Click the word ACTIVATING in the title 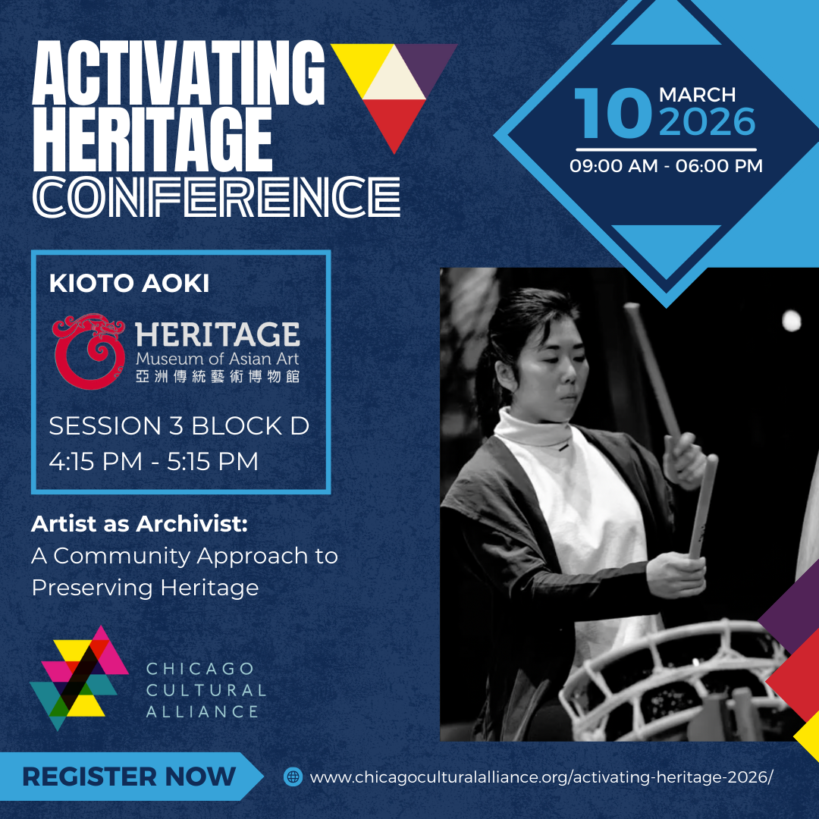179,73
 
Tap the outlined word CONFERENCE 216,196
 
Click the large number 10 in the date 613,113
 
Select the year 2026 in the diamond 708,121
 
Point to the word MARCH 698,95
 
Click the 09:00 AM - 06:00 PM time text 666,165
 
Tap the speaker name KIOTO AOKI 129,283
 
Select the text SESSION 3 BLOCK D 179,425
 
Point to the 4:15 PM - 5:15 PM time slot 153,461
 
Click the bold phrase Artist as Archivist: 140,523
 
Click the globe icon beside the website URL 293,777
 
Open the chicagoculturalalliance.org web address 541,777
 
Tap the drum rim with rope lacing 674,679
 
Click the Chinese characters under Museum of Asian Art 218,377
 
